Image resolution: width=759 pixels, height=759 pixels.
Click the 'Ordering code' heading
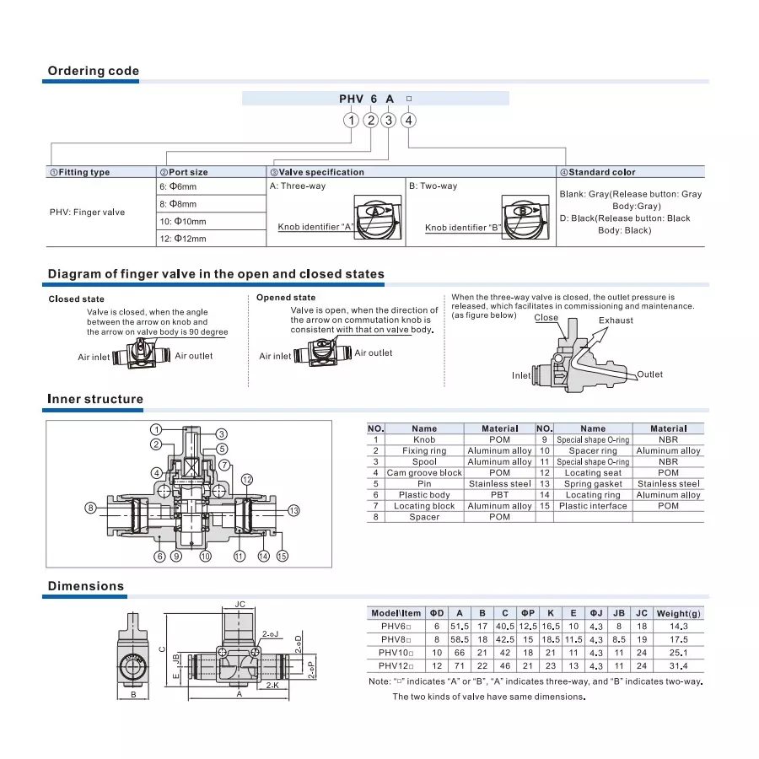tap(93, 71)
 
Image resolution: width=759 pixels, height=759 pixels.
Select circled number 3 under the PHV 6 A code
tap(388, 120)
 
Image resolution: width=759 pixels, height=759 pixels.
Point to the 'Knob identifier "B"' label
tap(463, 227)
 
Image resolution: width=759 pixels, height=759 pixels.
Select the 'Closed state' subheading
tap(76, 299)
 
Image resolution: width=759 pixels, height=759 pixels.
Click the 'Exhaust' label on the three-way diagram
tap(616, 320)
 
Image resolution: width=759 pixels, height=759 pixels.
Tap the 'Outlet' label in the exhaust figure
tap(649, 374)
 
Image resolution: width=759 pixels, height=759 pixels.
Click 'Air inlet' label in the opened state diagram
tap(275, 357)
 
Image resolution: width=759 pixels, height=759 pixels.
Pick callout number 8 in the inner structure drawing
tap(90, 507)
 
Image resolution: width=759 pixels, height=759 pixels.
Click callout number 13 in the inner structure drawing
tap(293, 510)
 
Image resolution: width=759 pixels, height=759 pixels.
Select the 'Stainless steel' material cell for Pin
tap(499, 484)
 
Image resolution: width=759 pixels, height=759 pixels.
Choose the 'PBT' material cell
tap(499, 495)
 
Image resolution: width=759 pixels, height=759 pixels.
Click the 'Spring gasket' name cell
tap(593, 484)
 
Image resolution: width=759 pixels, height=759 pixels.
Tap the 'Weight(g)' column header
tap(678, 613)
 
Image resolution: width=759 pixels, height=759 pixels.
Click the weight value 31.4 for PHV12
tap(678, 665)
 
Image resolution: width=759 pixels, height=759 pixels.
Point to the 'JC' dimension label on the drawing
tap(240, 604)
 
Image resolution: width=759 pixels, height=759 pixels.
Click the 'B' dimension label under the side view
tap(133, 695)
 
